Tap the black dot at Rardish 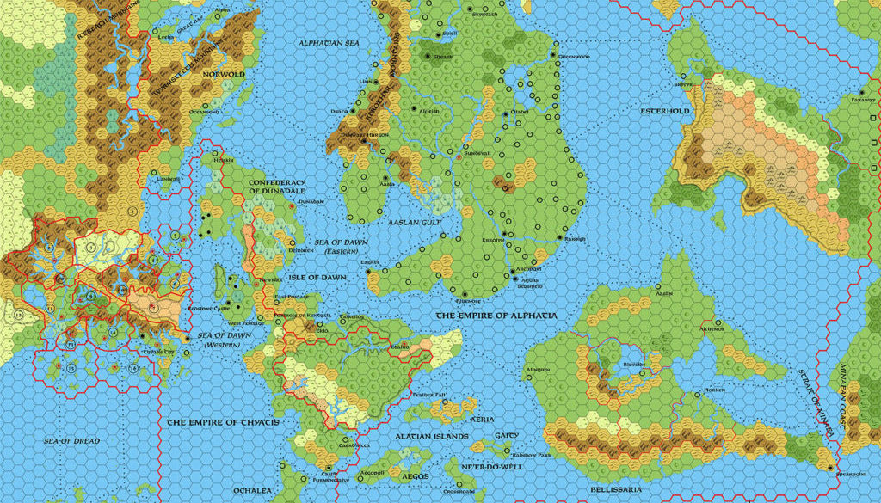[560, 237]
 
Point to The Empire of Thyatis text [222, 422]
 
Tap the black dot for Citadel [506, 113]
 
